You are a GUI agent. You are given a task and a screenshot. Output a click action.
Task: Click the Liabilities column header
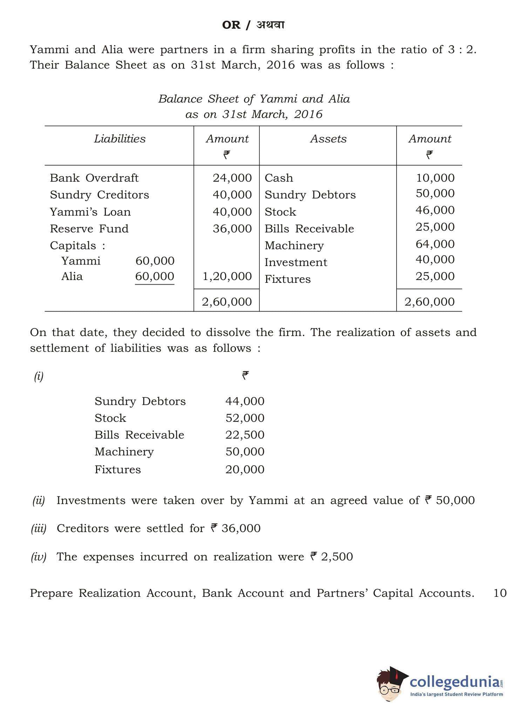120,139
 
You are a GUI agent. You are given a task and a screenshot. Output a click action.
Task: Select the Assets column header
328,139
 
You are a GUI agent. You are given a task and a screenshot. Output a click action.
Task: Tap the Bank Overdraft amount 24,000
232,178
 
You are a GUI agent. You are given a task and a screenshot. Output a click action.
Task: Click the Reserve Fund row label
89,229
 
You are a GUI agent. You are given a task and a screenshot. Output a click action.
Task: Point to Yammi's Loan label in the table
90,212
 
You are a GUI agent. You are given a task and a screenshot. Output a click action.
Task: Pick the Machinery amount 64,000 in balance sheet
435,244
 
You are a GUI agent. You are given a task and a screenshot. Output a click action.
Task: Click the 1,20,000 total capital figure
227,276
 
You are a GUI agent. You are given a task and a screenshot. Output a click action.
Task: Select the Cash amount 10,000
435,178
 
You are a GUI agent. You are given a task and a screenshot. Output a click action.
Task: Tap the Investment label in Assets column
296,262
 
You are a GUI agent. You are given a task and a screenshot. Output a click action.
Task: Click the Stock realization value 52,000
245,418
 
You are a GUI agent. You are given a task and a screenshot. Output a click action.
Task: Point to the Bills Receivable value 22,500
245,435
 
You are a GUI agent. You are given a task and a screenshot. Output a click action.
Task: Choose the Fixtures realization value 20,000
245,469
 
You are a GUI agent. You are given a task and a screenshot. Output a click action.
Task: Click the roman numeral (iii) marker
39,528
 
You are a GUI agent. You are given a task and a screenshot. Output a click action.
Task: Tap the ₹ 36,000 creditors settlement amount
236,528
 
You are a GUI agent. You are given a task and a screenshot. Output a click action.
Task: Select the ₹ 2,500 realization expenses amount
332,557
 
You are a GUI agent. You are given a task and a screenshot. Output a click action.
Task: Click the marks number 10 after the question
500,593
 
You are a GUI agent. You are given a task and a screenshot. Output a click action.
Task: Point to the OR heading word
231,25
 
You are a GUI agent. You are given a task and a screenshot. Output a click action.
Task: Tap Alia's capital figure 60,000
155,276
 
